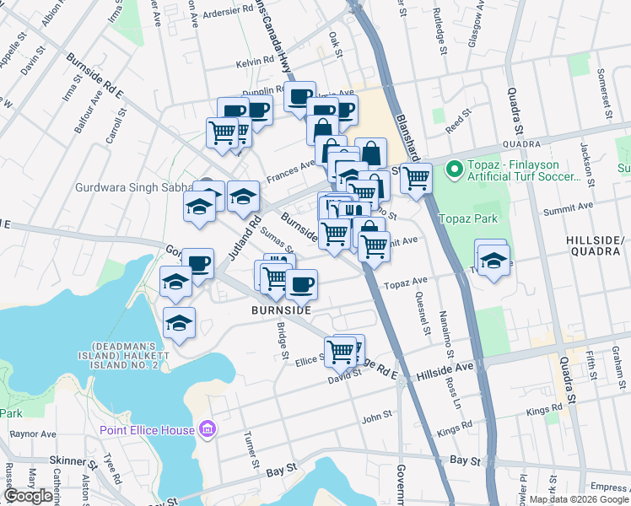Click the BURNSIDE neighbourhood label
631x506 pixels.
[281, 310]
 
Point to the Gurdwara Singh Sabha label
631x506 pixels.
[135, 187]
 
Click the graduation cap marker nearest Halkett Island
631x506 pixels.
[179, 323]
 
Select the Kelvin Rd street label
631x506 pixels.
[255, 62]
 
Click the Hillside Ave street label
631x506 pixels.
[446, 369]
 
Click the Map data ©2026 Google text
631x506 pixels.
[579, 499]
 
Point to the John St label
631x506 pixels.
[377, 415]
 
